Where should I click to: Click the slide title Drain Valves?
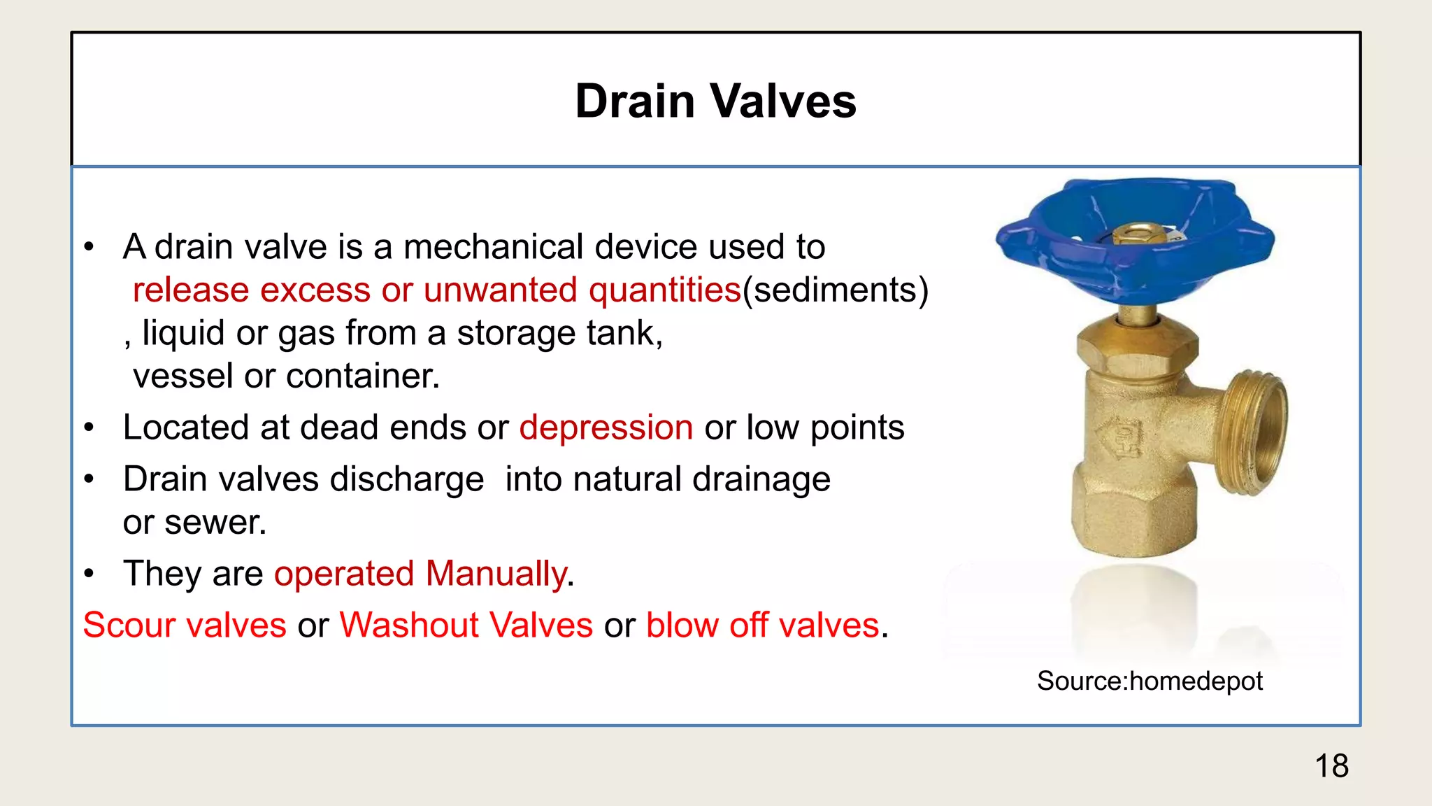(715, 101)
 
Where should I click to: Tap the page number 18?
(1331, 765)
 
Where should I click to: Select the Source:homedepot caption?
(1150, 681)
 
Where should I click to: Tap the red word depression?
(606, 427)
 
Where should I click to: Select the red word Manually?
(496, 574)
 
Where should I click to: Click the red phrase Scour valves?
(185, 625)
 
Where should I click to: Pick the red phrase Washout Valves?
(466, 625)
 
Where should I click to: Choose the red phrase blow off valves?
(762, 625)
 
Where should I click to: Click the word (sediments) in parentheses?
(836, 290)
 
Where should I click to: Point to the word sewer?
(215, 523)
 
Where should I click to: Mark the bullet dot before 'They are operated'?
(89, 574)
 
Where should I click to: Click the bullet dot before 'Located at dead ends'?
(89, 428)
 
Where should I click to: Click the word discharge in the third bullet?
(407, 480)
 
